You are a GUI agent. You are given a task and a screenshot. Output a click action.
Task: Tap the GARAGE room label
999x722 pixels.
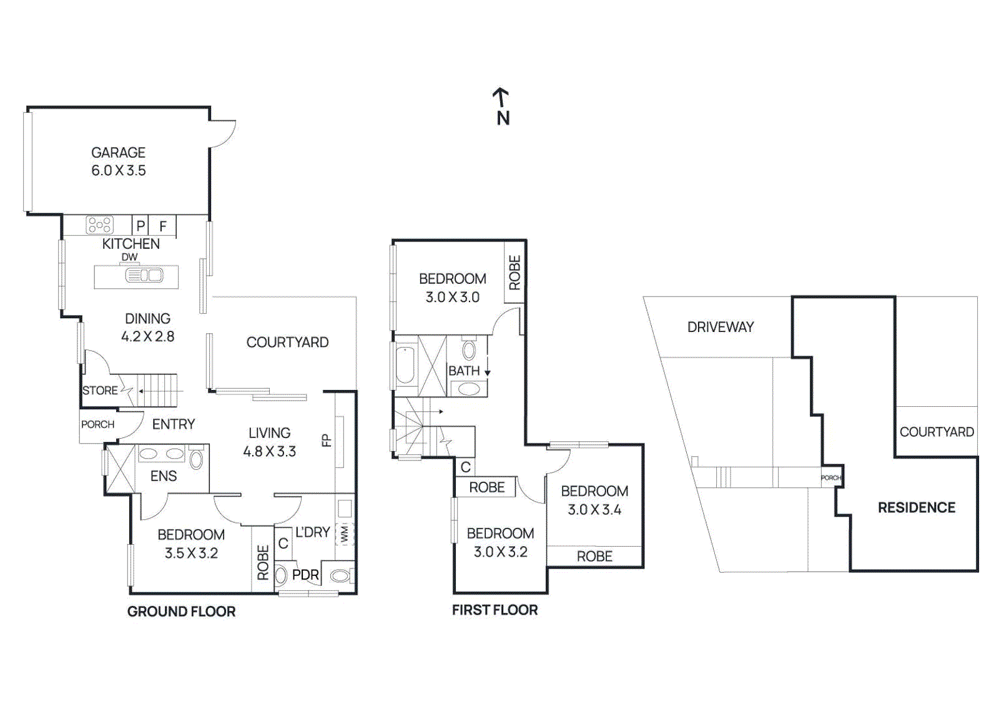(118, 153)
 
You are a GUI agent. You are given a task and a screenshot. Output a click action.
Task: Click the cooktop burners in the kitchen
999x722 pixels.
(99, 225)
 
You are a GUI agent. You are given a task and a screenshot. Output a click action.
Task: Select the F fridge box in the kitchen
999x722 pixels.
(163, 226)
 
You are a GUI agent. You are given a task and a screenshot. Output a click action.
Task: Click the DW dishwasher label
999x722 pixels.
(129, 257)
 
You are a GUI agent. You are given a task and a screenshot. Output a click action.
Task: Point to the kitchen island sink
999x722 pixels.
(144, 275)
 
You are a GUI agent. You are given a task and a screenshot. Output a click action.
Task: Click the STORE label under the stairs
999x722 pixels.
(100, 391)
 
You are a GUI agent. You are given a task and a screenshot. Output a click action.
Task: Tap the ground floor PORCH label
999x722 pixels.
(97, 424)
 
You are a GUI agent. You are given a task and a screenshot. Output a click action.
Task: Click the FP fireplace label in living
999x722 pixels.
(326, 441)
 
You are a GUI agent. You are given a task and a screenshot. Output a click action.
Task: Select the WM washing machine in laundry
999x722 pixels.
(345, 534)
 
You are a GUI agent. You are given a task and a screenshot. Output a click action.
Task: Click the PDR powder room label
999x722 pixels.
(305, 575)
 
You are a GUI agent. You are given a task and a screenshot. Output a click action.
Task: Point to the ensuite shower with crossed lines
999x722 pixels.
(120, 469)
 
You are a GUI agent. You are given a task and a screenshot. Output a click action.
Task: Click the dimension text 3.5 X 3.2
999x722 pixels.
(191, 554)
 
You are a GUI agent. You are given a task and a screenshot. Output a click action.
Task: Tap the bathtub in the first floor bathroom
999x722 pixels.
(405, 366)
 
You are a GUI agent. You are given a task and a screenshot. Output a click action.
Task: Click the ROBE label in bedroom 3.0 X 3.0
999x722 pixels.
(514, 273)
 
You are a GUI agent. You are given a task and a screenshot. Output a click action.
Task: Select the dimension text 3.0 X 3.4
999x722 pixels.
(594, 510)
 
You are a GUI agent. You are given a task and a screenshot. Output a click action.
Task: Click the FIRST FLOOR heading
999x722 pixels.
(495, 610)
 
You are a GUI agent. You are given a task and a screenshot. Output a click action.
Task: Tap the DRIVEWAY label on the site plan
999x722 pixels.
(720, 327)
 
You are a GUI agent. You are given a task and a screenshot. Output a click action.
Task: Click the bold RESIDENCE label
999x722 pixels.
(916, 508)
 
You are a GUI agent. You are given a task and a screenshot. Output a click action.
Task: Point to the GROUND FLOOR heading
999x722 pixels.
(181, 612)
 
